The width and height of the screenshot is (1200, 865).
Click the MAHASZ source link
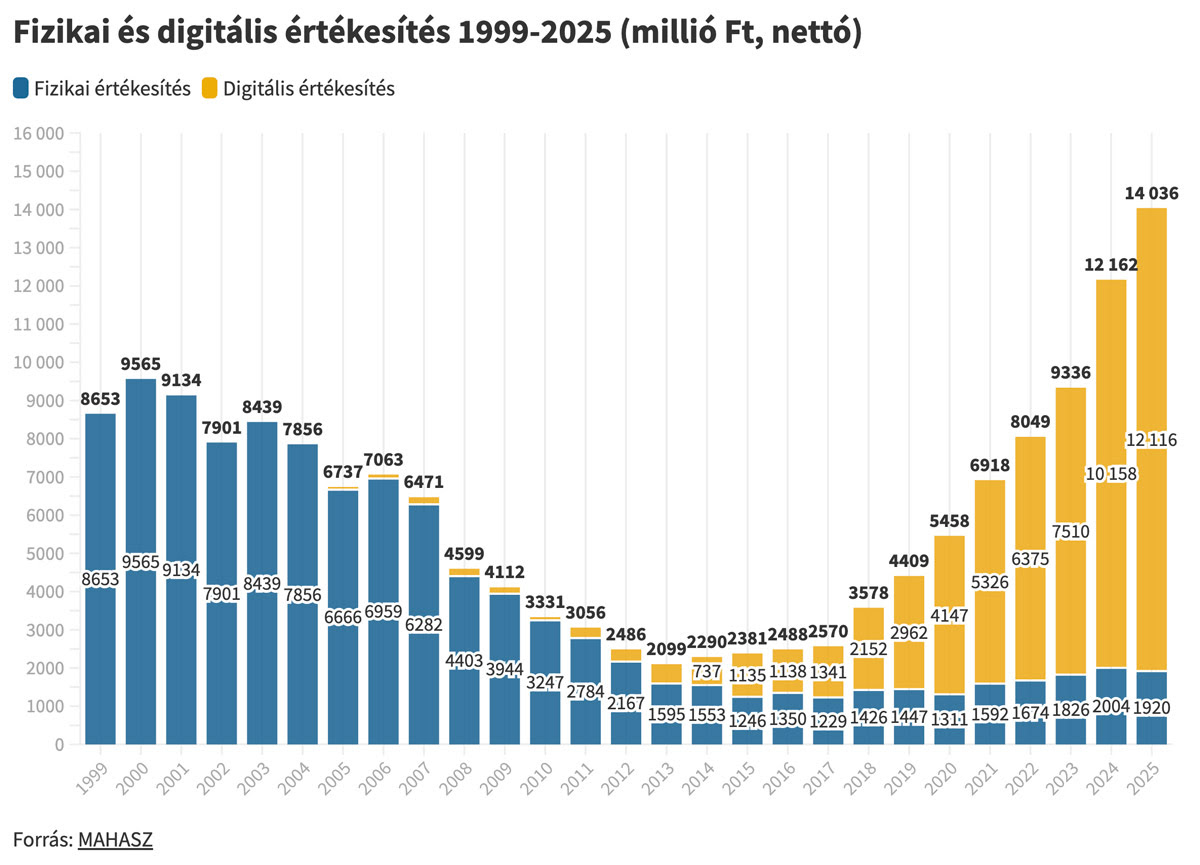tap(115, 839)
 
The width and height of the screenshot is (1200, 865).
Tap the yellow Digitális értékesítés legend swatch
tap(209, 89)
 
